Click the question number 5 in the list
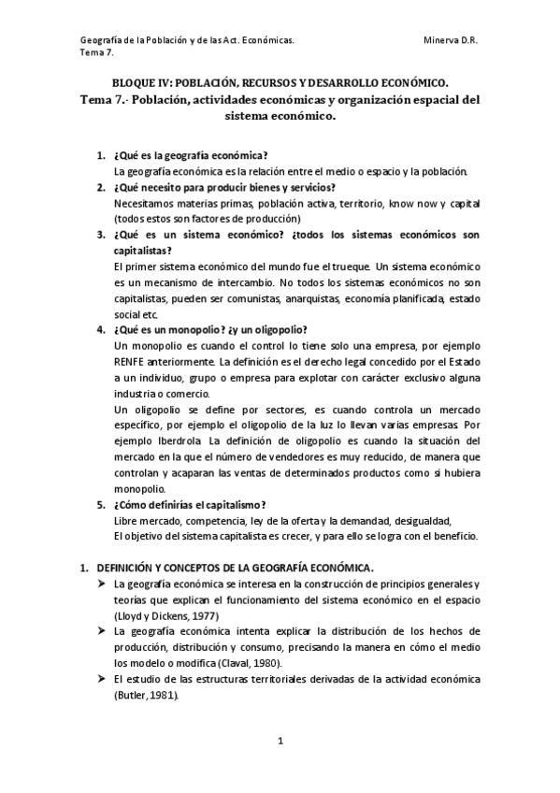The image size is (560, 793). [101, 504]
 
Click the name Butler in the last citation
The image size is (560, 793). [131, 697]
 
